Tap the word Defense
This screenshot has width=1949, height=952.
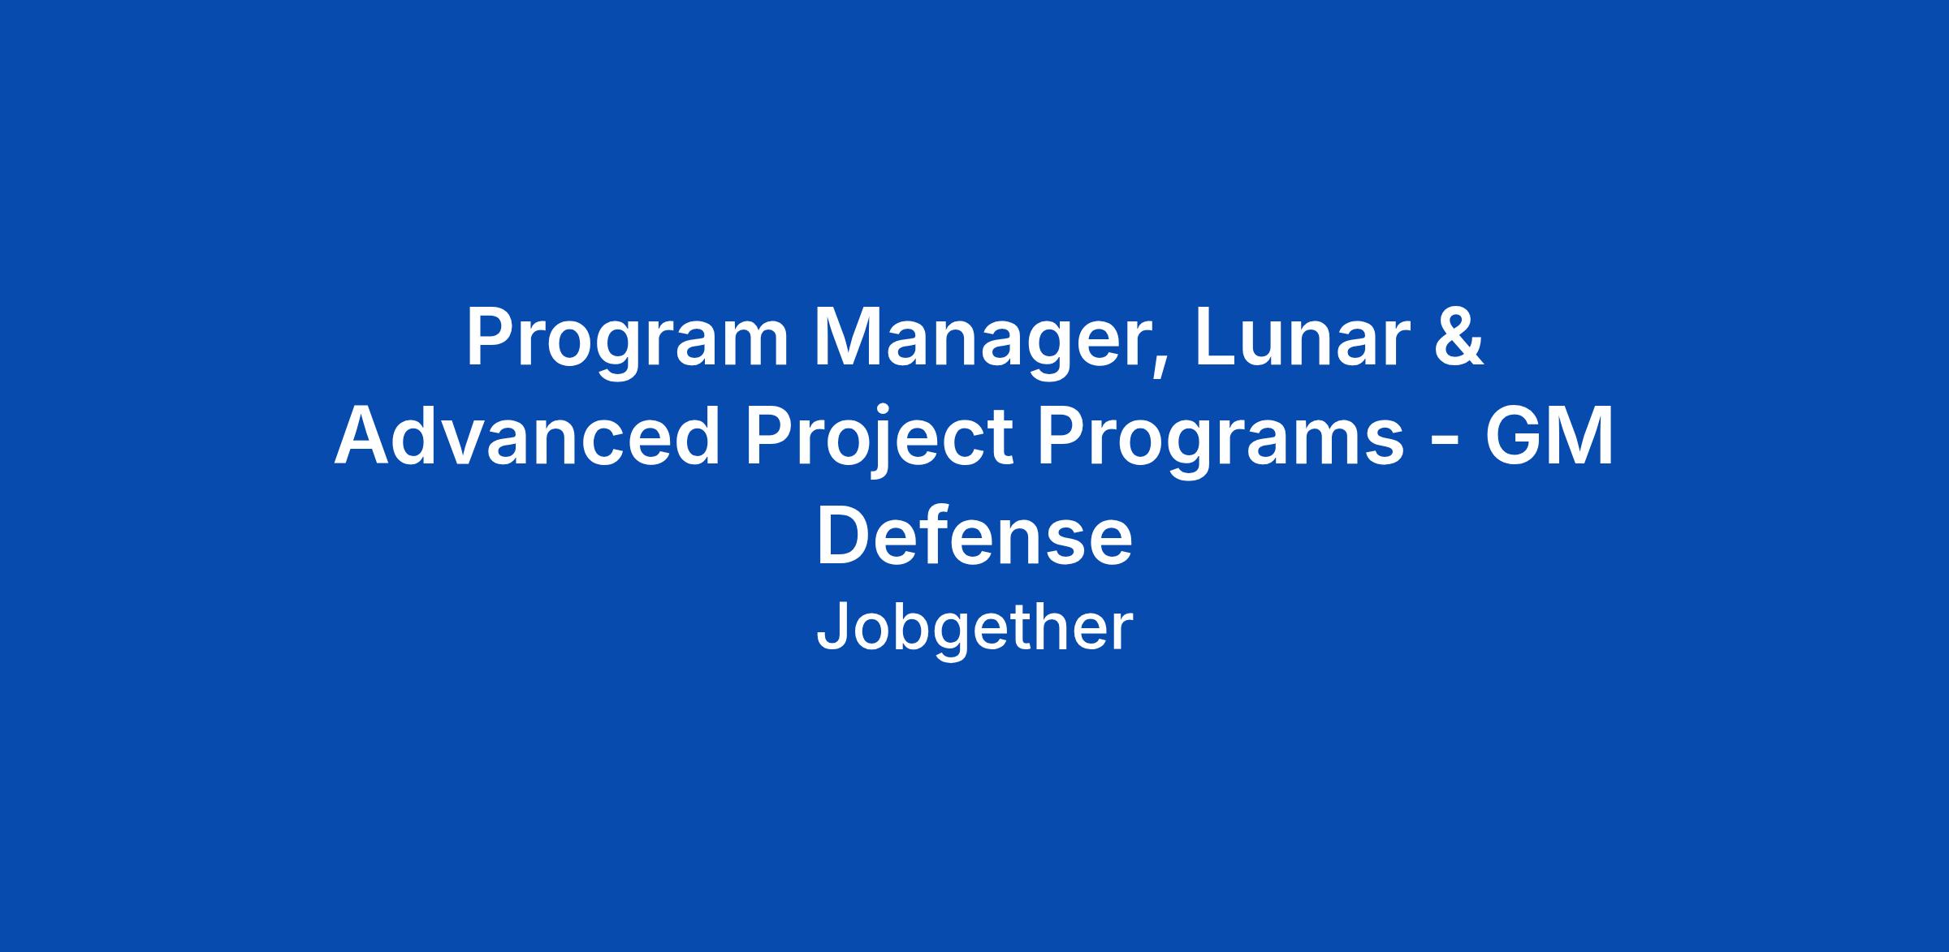pyautogui.click(x=974, y=536)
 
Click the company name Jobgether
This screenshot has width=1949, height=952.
pyautogui.click(x=974, y=630)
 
